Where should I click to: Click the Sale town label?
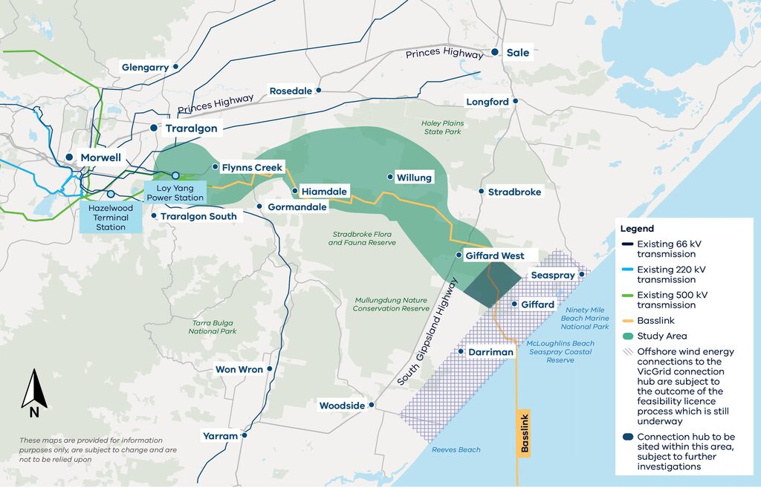coord(518,53)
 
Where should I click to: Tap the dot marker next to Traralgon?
coord(154,128)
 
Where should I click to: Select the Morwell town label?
coord(101,157)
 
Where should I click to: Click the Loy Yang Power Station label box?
coord(175,193)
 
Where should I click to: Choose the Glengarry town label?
coord(146,68)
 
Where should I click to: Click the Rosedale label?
coord(291,91)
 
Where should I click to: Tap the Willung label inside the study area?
coord(414,178)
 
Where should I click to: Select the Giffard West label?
coord(496,256)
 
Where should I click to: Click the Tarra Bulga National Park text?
coord(214,328)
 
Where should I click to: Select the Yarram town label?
coord(220,436)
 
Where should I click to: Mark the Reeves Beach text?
coord(456,450)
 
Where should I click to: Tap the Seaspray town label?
coord(553,276)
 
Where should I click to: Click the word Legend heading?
coord(637,229)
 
